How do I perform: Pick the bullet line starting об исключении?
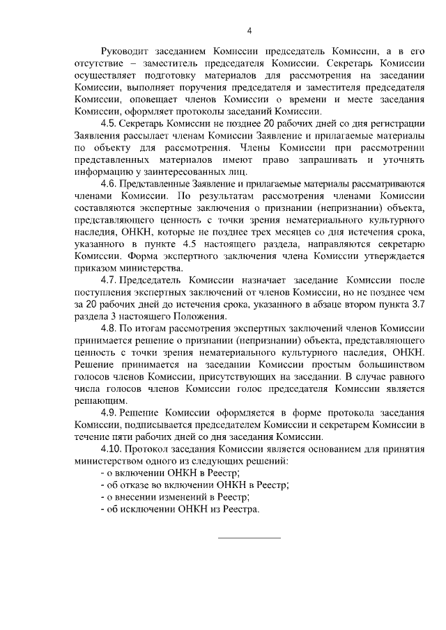(180, 509)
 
